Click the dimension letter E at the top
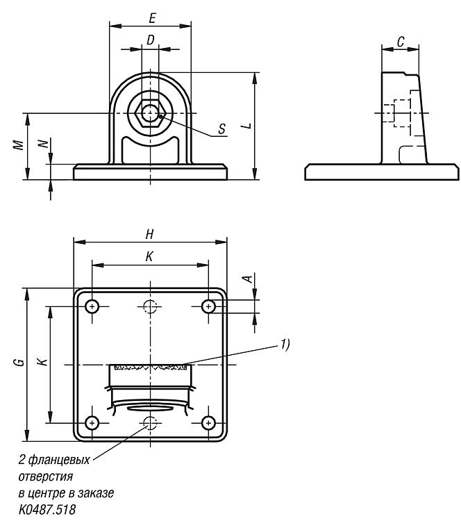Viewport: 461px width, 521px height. click(152, 18)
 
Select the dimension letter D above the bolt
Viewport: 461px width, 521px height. click(151, 40)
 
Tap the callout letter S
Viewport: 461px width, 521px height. click(222, 129)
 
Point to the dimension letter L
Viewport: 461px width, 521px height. click(247, 126)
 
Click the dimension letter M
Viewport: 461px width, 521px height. click(19, 145)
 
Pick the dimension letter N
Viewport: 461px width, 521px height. click(44, 144)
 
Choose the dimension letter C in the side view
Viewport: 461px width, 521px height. click(401, 42)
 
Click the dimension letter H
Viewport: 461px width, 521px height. click(150, 234)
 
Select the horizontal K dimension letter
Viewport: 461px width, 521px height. click(149, 256)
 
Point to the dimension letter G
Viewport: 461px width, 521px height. click(20, 362)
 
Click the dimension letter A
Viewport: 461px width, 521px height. click(248, 278)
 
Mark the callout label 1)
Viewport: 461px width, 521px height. click(285, 345)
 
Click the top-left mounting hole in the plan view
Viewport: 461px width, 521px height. click(92, 306)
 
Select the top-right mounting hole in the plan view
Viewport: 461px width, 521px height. click(208, 306)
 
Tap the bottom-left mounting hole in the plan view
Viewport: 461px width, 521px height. click(92, 423)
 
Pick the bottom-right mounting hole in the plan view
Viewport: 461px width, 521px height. click(208, 423)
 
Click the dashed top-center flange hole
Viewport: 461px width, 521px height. click(151, 306)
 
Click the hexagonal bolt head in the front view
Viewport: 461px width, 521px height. click(151, 113)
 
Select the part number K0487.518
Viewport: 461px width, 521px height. click(47, 509)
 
